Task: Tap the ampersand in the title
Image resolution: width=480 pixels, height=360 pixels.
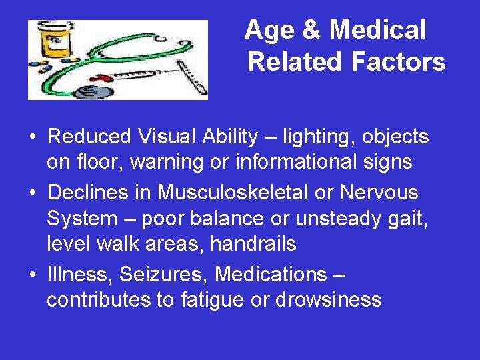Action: click(x=311, y=30)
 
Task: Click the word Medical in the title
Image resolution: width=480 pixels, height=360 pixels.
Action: click(x=377, y=30)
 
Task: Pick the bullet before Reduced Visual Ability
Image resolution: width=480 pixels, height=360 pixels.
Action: click(x=32, y=137)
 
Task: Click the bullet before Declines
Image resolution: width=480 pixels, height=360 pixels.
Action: click(x=32, y=193)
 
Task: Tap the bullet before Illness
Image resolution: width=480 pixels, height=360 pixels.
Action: click(x=32, y=275)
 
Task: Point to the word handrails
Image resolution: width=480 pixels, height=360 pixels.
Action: click(x=253, y=245)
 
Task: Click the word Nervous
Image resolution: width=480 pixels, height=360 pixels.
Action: click(x=379, y=193)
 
